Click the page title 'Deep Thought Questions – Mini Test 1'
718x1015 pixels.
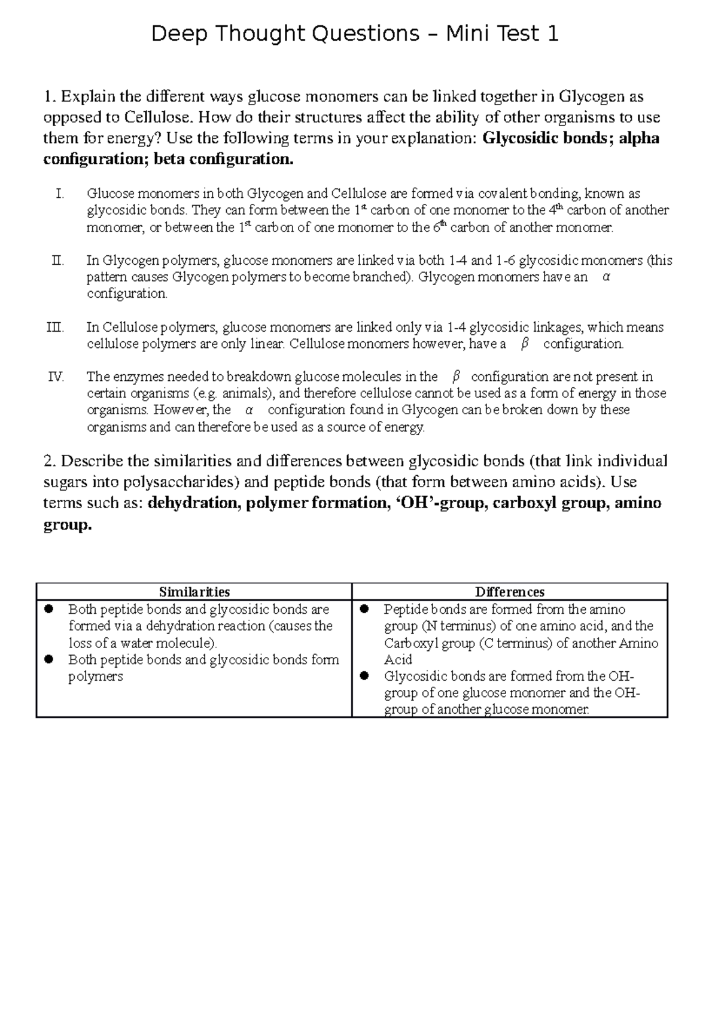tap(355, 34)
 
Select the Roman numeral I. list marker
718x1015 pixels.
tap(59, 194)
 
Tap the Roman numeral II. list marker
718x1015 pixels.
tap(57, 261)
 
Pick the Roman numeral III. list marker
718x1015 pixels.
tap(55, 328)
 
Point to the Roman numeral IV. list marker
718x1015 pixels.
tap(56, 377)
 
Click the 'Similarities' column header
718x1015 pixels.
tap(194, 592)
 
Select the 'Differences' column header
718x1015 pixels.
tap(510, 592)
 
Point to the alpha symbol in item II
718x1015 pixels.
tap(606, 277)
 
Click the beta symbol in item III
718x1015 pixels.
tap(525, 344)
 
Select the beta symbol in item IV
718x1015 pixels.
tap(455, 377)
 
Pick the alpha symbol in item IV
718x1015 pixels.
tap(249, 410)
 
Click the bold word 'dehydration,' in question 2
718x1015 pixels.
tap(191, 503)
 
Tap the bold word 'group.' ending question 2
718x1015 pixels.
tap(68, 524)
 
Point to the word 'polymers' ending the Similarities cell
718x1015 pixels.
tap(95, 677)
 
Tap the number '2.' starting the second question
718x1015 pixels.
tap(50, 461)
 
